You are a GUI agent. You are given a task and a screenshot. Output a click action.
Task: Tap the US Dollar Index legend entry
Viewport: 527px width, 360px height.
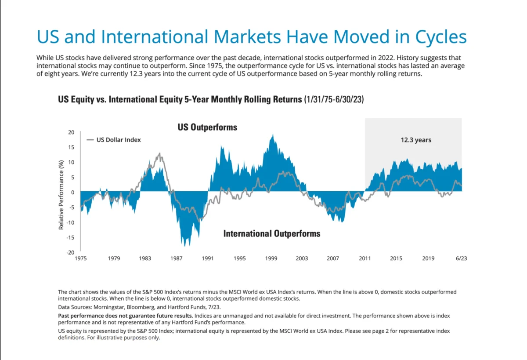pos(119,140)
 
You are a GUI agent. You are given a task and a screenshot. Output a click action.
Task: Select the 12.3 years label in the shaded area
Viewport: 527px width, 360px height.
pos(415,140)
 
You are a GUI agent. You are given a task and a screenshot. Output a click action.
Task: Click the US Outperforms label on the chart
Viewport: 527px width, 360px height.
pos(207,127)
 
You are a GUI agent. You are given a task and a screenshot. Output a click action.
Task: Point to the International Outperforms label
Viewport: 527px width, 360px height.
pos(272,233)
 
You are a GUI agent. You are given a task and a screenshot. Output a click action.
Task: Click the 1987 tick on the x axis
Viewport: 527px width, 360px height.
pos(177,258)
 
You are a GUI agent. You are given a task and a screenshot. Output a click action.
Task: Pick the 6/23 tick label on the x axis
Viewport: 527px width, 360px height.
pos(461,258)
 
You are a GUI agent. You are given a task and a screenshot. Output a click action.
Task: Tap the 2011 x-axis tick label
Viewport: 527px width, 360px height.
pos(365,258)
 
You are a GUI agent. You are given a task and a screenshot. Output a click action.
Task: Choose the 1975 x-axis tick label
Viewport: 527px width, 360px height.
pos(80,258)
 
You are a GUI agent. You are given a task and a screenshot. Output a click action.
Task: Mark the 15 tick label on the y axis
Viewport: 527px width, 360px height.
pos(72,147)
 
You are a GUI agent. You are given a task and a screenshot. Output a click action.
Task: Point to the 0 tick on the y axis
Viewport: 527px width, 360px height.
pos(73,192)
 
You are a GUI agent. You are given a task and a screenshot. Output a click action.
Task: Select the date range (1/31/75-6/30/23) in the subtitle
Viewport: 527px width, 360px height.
pos(333,100)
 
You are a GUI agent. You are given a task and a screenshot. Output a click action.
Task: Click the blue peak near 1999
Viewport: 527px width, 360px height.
pos(273,135)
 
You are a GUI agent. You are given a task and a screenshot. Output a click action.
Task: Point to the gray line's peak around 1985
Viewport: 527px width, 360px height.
pos(159,153)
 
